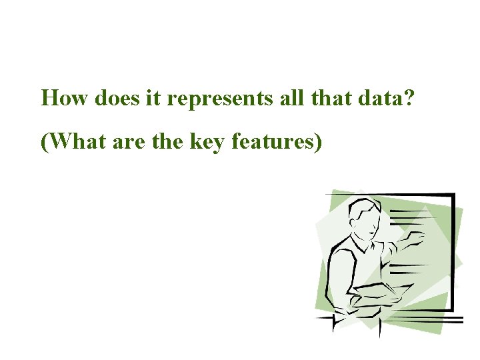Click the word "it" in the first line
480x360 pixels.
(153, 98)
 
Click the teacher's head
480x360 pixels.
(363, 217)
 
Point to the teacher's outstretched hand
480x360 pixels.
(416, 237)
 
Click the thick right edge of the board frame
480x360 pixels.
(453, 253)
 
